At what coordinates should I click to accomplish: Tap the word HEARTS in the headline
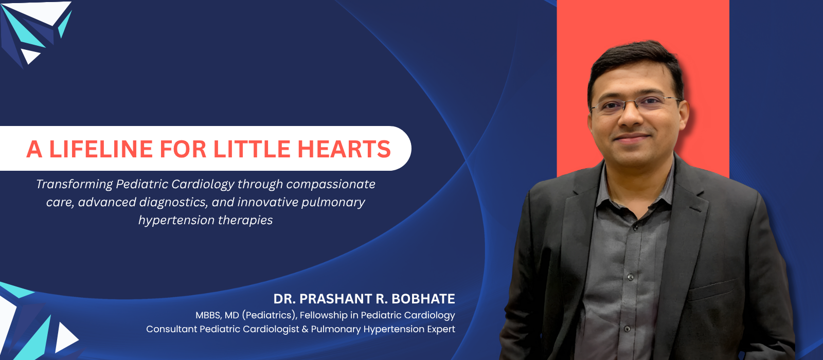pos(344,149)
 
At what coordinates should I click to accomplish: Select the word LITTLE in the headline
pos(252,149)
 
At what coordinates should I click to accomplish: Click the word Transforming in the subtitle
pos(74,185)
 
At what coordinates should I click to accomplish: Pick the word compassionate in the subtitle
pos(331,185)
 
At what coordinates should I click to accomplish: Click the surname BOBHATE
pos(423,299)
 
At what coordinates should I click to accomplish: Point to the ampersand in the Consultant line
pos(305,329)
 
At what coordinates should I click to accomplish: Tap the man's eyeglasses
pos(636,104)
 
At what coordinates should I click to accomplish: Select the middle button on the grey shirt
pos(631,277)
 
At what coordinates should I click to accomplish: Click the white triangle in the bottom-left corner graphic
pos(66,338)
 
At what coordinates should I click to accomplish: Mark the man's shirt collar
pos(636,191)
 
